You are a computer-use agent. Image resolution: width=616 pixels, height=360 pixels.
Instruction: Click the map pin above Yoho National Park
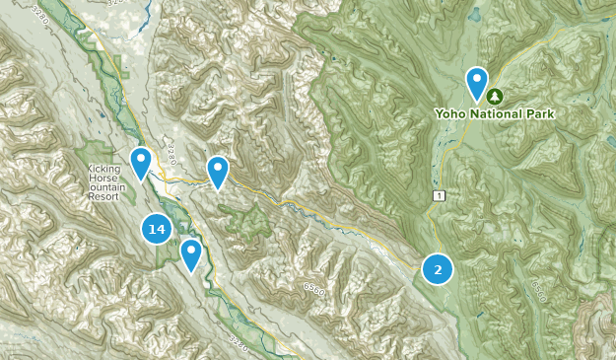tap(477, 83)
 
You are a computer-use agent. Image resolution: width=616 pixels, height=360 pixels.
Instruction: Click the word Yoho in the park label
tap(451, 114)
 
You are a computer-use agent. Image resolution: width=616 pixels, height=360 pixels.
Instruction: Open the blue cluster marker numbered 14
tap(156, 230)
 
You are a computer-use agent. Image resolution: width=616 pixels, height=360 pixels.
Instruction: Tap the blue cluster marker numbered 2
tap(438, 268)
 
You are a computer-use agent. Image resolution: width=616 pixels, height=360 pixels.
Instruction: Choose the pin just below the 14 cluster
tap(190, 254)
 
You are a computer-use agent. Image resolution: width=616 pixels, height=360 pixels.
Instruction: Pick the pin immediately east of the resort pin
tap(217, 172)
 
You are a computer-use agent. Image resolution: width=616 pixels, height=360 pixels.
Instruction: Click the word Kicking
tap(103, 169)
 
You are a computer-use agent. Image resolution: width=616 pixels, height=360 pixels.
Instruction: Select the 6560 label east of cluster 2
tap(538, 289)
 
